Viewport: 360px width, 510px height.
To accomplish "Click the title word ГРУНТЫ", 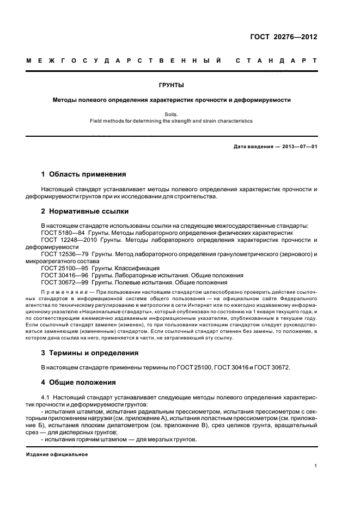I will coord(172,86).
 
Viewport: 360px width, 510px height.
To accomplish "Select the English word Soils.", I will coord(172,114).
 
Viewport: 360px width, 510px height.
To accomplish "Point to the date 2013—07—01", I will coord(298,147).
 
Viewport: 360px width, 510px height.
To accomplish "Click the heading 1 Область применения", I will coord(84,174).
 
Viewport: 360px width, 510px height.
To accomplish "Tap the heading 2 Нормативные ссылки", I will coord(85,211).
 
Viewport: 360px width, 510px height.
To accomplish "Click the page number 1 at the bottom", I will coord(316,466).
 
